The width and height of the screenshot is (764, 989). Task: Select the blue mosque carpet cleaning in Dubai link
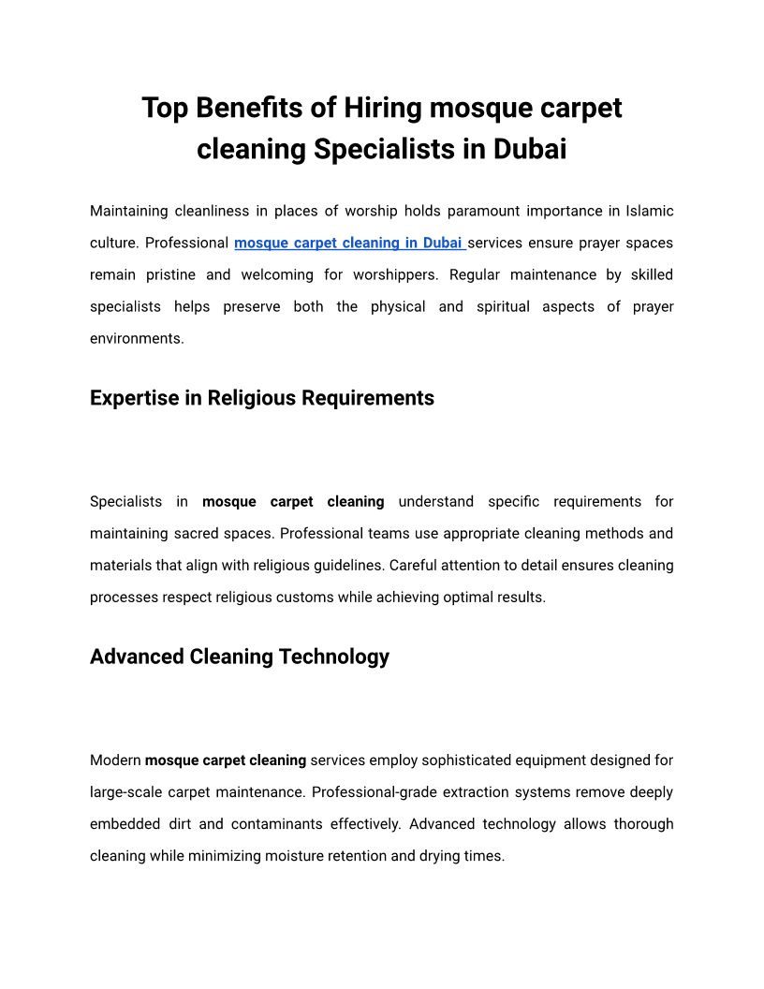(x=349, y=244)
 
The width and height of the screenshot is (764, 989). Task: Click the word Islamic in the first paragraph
(x=649, y=212)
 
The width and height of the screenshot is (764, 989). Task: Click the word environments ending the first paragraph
(x=137, y=339)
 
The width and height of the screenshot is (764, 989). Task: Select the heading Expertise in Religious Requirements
(x=262, y=398)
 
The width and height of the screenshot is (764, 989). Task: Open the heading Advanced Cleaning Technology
(x=240, y=657)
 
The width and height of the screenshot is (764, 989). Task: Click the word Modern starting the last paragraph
(x=115, y=760)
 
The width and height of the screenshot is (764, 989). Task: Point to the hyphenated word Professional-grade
(x=369, y=792)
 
